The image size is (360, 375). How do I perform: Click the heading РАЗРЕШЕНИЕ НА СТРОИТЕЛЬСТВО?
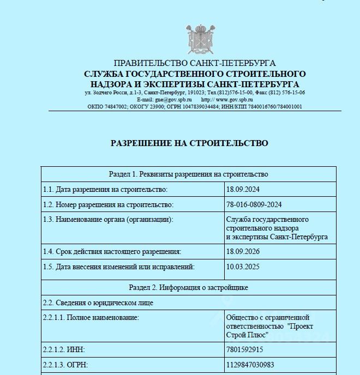tap(189, 143)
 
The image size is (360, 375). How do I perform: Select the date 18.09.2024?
tap(242, 189)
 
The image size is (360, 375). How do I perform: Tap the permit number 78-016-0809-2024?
tap(254, 204)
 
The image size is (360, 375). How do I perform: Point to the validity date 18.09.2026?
tap(242, 251)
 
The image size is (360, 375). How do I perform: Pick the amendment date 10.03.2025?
tap(242, 267)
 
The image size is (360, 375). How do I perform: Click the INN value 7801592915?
tap(244, 349)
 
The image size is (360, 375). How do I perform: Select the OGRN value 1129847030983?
tap(250, 365)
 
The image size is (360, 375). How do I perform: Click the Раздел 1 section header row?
tap(189, 174)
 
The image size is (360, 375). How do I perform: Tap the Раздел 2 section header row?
tap(189, 287)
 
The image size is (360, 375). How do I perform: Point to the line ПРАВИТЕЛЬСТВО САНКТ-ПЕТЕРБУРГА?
tap(195, 63)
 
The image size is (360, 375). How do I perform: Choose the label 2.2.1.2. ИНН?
tap(64, 349)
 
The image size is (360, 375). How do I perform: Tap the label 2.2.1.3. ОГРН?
tap(65, 365)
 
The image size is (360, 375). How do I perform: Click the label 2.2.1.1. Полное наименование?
tap(91, 317)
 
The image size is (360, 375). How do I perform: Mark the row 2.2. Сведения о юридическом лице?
tap(98, 302)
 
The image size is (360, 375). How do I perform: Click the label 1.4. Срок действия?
tap(111, 251)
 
